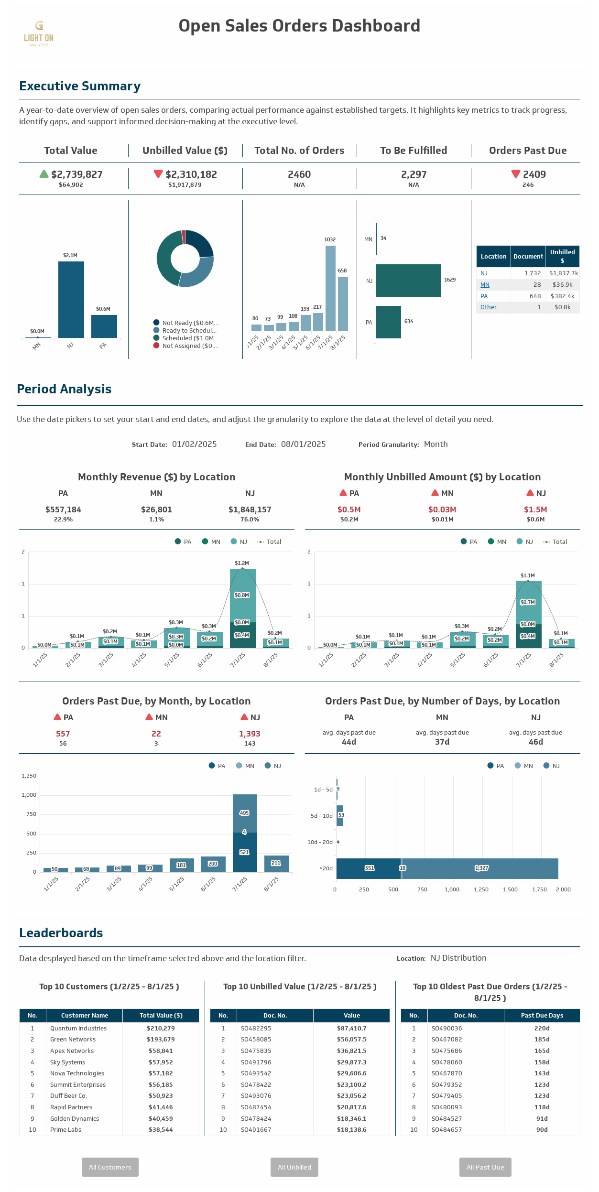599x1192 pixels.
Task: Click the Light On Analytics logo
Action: click(39, 33)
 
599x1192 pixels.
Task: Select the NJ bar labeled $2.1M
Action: click(71, 299)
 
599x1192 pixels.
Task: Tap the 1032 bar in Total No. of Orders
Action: click(330, 288)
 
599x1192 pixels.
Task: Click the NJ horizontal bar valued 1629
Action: click(408, 281)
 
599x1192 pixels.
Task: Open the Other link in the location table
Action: click(489, 307)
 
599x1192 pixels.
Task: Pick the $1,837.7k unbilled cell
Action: click(563, 273)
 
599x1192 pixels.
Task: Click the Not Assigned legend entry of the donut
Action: click(190, 346)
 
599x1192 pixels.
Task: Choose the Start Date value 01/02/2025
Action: click(194, 444)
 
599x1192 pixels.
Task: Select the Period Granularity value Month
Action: click(436, 444)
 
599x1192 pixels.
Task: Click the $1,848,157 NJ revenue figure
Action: click(250, 509)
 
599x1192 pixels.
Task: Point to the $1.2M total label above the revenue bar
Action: click(242, 563)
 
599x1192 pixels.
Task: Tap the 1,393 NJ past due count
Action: click(250, 734)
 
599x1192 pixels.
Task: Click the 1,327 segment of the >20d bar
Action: click(481, 868)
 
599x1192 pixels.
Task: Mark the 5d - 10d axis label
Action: click(321, 816)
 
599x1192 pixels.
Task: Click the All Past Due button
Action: click(485, 1167)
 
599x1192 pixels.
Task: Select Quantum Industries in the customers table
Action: click(78, 1029)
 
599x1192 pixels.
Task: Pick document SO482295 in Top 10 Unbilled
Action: click(256, 1029)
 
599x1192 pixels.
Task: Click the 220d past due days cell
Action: click(542, 1029)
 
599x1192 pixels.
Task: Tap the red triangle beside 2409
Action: click(516, 173)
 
